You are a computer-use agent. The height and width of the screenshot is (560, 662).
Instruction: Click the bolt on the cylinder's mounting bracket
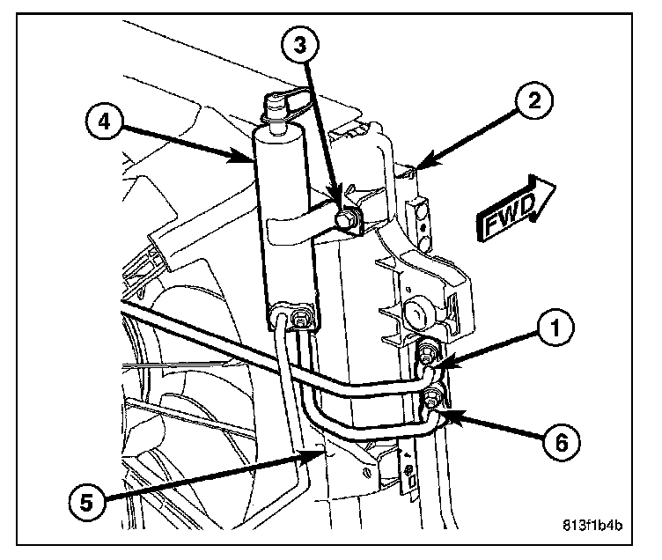348,217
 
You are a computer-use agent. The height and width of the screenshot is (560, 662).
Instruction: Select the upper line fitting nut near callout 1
425,356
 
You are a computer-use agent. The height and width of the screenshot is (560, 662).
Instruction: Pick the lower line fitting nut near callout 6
430,401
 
